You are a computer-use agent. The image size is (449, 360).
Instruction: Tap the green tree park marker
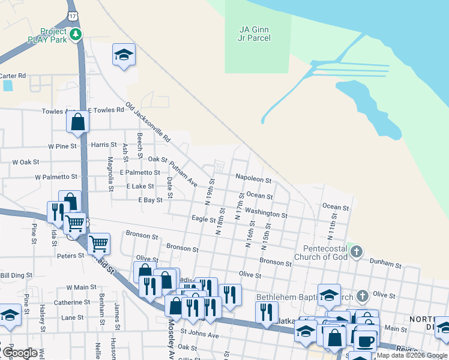point(76,35)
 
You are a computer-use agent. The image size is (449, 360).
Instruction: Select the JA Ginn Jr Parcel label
point(255,33)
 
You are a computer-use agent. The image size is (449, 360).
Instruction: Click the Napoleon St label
point(253,179)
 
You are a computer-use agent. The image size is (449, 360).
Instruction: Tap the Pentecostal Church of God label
point(317,252)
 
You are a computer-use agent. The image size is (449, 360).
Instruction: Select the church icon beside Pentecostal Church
point(357,251)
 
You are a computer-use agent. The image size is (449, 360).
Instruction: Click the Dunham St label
point(385,264)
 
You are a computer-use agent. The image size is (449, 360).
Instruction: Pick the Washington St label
point(266,214)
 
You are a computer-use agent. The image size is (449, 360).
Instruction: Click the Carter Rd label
point(13,76)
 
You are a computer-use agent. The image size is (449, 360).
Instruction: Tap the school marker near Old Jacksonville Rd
point(124,55)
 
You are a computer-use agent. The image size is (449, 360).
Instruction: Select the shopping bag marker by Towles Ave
point(78,122)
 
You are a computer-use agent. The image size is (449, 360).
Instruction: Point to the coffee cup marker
point(366,341)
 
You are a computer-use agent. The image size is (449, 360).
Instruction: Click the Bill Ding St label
point(16,275)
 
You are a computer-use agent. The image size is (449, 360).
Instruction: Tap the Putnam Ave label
point(183,173)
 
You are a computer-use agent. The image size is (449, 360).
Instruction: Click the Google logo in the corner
point(20,353)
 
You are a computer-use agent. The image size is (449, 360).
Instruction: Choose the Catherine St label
point(71,302)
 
